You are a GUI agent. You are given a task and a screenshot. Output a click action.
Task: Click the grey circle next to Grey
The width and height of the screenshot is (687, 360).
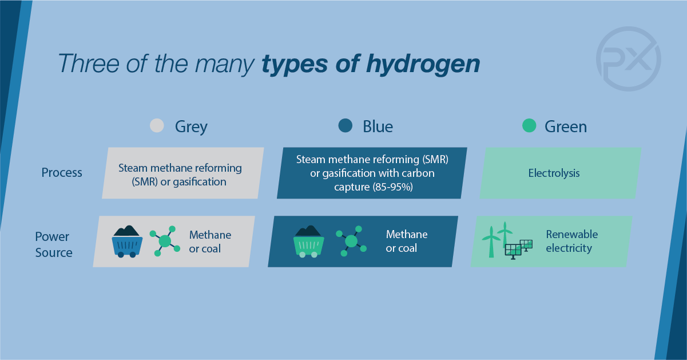tap(157, 125)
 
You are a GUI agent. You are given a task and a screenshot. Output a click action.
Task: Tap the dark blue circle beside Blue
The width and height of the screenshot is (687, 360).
tap(346, 125)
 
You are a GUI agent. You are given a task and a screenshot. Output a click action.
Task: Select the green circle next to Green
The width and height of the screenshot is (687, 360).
tap(529, 125)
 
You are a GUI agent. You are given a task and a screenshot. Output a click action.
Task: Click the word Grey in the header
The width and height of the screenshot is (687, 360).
tap(191, 127)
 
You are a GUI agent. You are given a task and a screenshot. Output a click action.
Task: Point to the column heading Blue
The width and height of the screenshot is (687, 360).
tap(378, 126)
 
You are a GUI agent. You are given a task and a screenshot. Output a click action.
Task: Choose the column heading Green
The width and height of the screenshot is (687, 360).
tap(566, 126)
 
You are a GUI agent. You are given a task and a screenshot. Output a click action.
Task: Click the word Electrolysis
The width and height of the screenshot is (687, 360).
tap(554, 173)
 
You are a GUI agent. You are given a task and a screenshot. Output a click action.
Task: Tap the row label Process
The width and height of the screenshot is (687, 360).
tap(62, 172)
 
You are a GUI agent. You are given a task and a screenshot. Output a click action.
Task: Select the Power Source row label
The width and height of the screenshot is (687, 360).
tap(54, 244)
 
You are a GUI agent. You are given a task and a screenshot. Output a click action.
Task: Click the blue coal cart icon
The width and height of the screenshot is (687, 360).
tap(127, 242)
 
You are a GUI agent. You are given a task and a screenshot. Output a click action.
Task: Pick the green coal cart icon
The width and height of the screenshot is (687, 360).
tap(308, 242)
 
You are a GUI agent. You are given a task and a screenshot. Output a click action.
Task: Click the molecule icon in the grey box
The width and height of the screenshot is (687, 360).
tap(165, 241)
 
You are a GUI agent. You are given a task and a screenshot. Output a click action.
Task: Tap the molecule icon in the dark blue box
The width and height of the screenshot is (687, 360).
tap(351, 241)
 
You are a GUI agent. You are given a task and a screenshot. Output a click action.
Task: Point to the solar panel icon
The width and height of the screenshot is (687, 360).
tap(519, 249)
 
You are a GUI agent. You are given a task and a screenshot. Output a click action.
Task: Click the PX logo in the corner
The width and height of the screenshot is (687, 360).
tap(629, 59)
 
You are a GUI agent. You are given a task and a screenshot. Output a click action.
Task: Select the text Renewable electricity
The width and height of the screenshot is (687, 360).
tap(571, 241)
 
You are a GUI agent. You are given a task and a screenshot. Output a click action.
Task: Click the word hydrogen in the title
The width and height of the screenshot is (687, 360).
tap(423, 65)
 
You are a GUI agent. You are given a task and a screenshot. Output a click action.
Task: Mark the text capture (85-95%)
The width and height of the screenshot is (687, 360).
tap(374, 187)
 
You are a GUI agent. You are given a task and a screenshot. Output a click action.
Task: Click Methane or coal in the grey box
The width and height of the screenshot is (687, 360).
tap(210, 242)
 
